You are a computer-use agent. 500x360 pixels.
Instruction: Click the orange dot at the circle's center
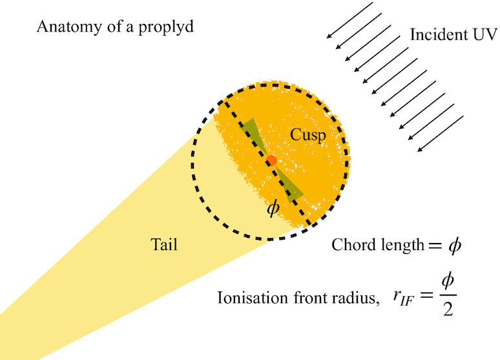271,160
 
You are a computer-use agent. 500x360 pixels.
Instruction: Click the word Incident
435,35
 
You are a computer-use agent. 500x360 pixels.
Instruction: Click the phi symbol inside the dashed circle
273,209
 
